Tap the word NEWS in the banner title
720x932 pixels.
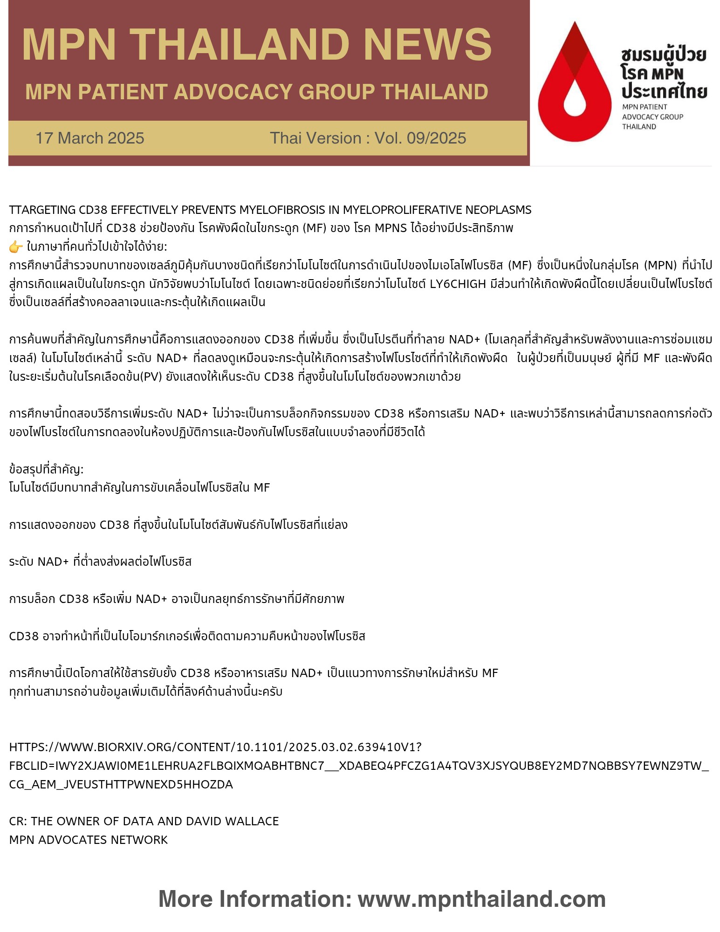pyautogui.click(x=427, y=45)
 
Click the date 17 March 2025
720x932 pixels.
pyautogui.click(x=90, y=138)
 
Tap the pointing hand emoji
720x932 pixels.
pyautogui.click(x=16, y=247)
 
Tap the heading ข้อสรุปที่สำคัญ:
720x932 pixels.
pyautogui.click(x=46, y=469)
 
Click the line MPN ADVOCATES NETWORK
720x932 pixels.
pyautogui.click(x=89, y=840)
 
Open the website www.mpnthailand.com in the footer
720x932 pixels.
pyautogui.click(x=481, y=899)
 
